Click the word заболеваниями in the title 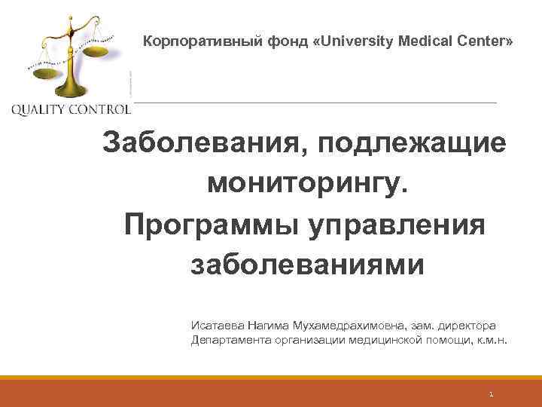coord(309,265)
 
